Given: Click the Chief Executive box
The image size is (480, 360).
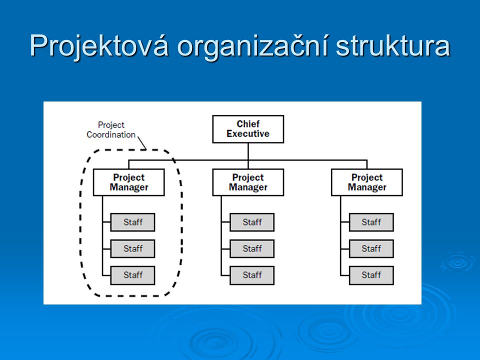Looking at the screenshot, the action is point(248,129).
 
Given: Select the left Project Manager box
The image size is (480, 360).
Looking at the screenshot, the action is point(129,182).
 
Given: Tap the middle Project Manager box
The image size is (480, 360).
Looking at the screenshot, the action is point(248,182).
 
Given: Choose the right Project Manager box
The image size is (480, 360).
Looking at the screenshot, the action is point(366,182).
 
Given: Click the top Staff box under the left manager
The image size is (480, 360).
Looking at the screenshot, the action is point(132,222).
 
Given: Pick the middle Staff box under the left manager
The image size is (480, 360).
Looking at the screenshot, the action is point(132,248).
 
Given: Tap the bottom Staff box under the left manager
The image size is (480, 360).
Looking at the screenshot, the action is point(132,275).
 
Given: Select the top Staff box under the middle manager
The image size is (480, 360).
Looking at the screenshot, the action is point(252,222).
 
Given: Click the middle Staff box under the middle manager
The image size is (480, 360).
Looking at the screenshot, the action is point(252,248).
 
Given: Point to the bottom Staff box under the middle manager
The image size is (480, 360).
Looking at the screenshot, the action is point(252,275).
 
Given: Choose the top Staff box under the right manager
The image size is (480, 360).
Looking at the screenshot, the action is point(371,222).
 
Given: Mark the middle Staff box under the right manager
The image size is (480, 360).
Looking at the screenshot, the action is point(371,248).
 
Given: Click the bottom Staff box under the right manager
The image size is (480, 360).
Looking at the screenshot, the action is point(371,275).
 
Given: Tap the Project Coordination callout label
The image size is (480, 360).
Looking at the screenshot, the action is point(111,130).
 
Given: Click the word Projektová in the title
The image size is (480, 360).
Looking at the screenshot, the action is point(99,46).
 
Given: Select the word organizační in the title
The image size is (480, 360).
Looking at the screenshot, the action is point(253,46).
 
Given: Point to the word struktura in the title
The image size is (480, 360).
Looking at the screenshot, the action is point(393,46).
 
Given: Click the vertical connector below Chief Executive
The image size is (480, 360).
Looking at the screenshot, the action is point(248,156).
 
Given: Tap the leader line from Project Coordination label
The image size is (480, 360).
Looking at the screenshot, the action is point(142,143).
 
